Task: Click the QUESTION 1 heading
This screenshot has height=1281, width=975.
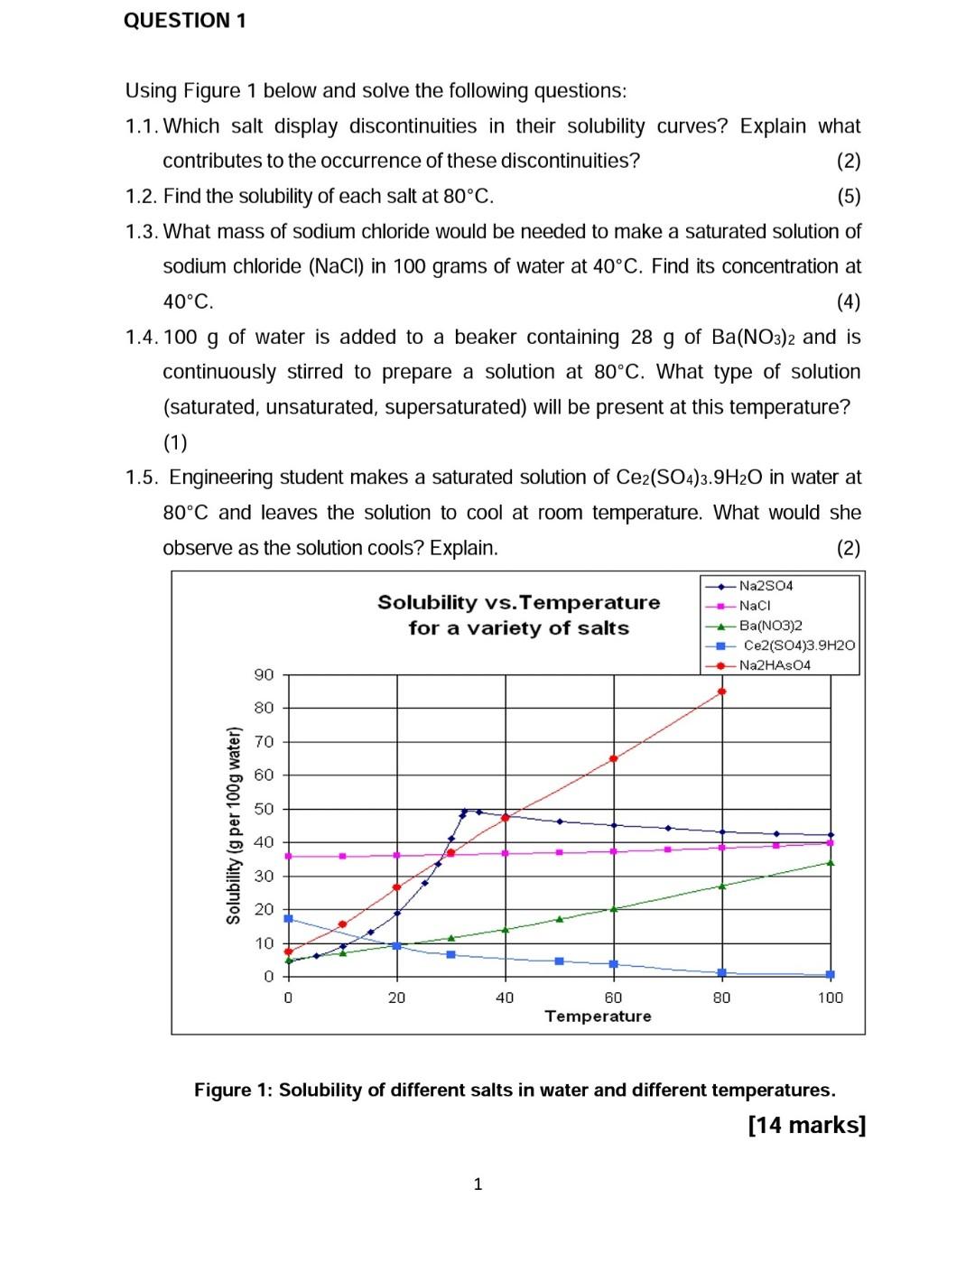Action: click(184, 21)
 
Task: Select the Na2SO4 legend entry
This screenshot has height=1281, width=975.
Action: click(766, 586)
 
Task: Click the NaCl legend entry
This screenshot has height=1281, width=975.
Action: click(754, 606)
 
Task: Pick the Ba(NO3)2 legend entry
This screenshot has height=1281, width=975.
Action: click(770, 626)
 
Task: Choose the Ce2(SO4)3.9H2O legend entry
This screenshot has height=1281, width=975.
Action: click(798, 645)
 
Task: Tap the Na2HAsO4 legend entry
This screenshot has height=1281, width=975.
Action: click(775, 665)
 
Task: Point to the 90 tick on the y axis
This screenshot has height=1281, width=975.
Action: click(264, 674)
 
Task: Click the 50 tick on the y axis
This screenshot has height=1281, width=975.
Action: click(264, 809)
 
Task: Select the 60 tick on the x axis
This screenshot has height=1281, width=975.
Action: click(613, 998)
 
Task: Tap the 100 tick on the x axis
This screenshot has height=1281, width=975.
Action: click(830, 998)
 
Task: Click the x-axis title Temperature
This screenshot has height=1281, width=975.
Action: click(598, 1016)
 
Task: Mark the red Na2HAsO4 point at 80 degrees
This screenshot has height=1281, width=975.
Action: click(721, 692)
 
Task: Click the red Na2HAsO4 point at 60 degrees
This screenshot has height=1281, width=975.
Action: click(614, 758)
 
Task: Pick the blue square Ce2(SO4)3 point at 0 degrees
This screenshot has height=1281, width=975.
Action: click(288, 918)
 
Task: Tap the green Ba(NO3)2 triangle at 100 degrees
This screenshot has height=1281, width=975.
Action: click(831, 863)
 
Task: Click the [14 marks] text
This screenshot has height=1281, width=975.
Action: click(807, 1125)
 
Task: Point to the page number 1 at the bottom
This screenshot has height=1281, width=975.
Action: click(478, 1184)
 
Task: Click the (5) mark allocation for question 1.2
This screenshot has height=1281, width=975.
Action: click(849, 197)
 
